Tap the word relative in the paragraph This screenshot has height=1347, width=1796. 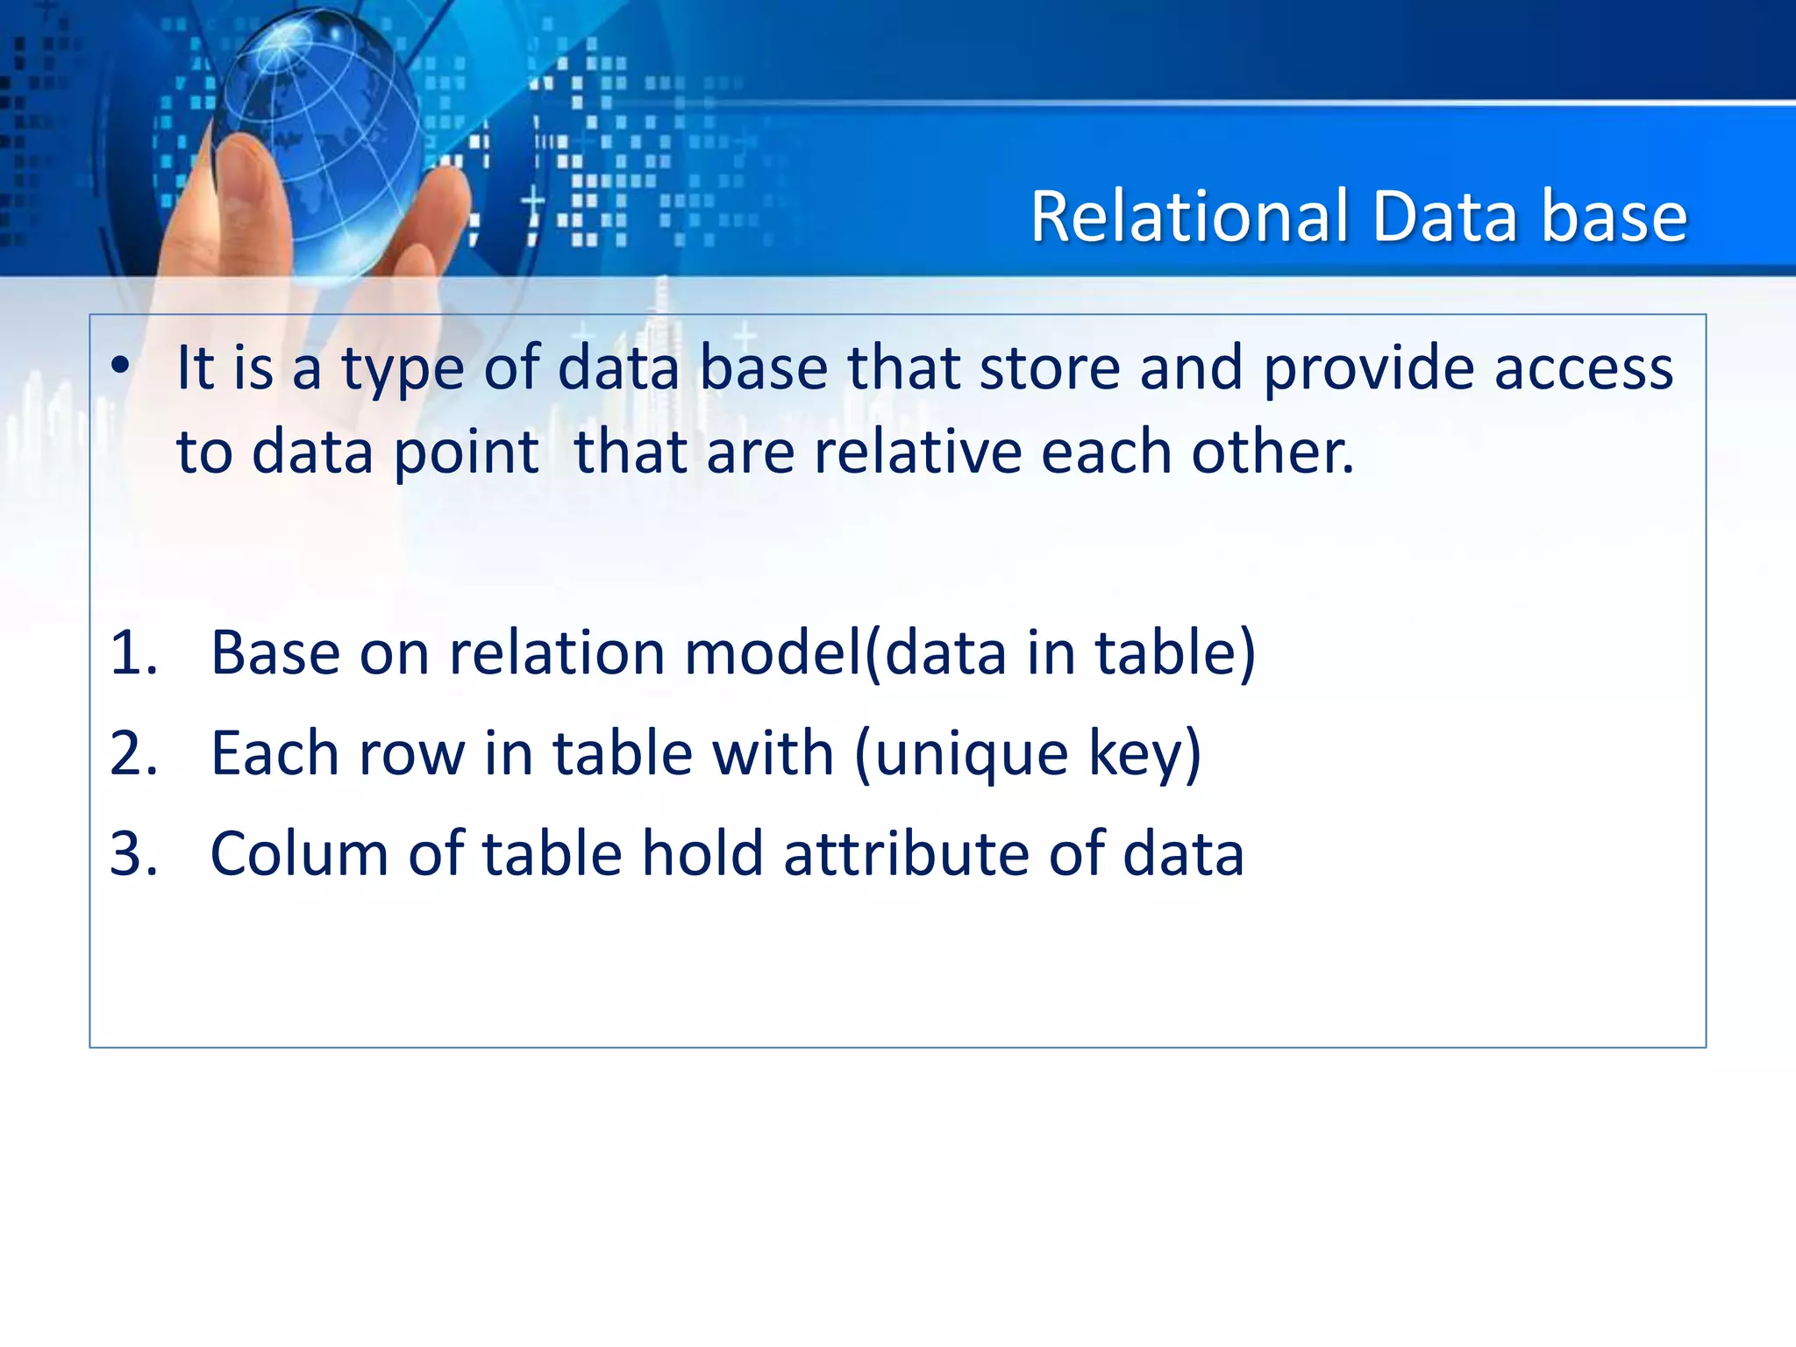917,452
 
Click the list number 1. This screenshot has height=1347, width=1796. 133,653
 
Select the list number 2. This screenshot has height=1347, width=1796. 133,753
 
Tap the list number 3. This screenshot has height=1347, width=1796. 133,853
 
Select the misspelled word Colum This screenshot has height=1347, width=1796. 299,853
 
